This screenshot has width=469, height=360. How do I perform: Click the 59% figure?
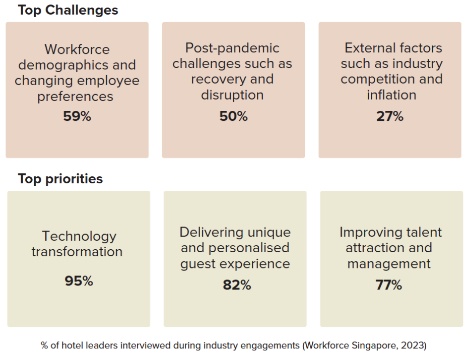(77, 116)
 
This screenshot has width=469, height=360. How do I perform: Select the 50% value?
(233, 116)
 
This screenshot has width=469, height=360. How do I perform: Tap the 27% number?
(389, 116)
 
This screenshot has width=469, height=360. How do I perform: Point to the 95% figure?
(79, 281)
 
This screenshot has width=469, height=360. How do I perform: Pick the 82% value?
(236, 285)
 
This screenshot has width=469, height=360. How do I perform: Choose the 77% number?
(388, 285)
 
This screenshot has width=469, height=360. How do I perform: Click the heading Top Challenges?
(68, 10)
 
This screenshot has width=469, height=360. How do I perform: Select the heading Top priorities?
(60, 179)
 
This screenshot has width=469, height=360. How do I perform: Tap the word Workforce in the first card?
(77, 49)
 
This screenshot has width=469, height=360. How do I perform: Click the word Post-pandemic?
(232, 48)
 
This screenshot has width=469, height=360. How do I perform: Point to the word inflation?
(391, 95)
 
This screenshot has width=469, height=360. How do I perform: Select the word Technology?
(79, 236)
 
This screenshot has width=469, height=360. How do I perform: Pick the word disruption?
(232, 95)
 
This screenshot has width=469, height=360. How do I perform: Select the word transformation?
(77, 252)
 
